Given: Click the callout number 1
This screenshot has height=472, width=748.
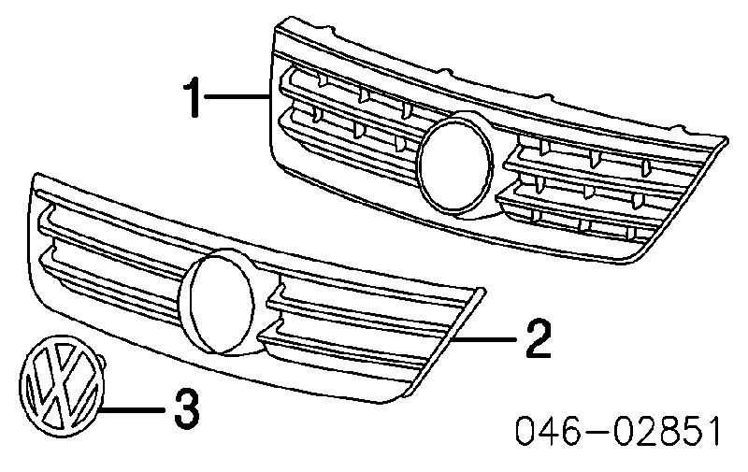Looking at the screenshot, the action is click(x=194, y=98).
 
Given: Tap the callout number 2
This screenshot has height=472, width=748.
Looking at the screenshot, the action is click(x=539, y=338).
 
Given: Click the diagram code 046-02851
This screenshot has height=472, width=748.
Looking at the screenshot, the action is click(x=618, y=432).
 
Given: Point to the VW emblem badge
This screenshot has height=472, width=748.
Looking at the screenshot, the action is click(x=62, y=386).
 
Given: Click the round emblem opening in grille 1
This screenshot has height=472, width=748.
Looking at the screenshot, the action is click(x=455, y=164).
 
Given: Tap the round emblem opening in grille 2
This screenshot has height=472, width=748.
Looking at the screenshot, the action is click(x=219, y=303).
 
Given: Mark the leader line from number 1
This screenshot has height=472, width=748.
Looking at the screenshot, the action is click(x=237, y=97).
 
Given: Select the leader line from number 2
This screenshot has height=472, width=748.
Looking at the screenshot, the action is click(x=485, y=339).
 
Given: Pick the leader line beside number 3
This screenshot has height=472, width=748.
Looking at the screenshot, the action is click(x=133, y=409).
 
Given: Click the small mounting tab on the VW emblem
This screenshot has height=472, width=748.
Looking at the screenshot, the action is click(x=101, y=362).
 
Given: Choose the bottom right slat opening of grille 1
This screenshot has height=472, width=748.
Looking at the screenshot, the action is click(x=587, y=223).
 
